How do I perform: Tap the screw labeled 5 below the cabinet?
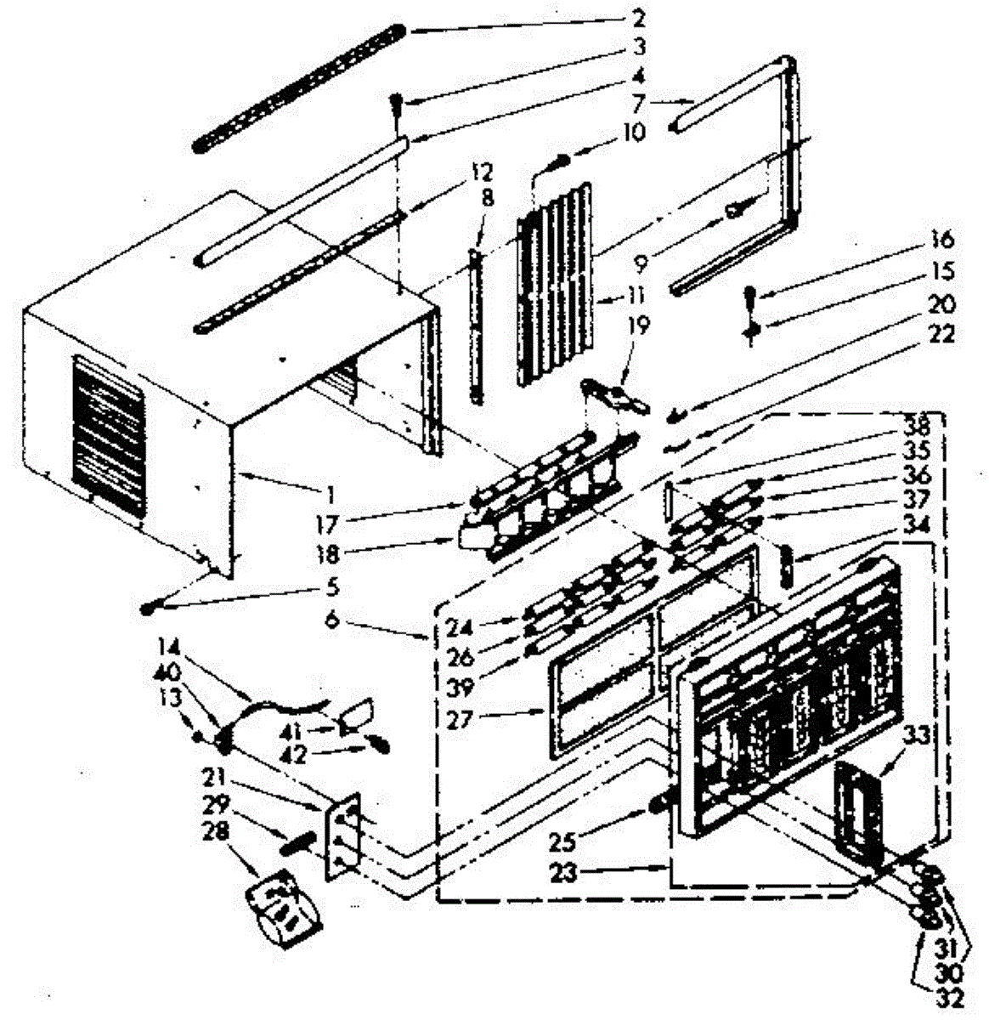point(150,608)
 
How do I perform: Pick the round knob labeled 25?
point(659,804)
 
